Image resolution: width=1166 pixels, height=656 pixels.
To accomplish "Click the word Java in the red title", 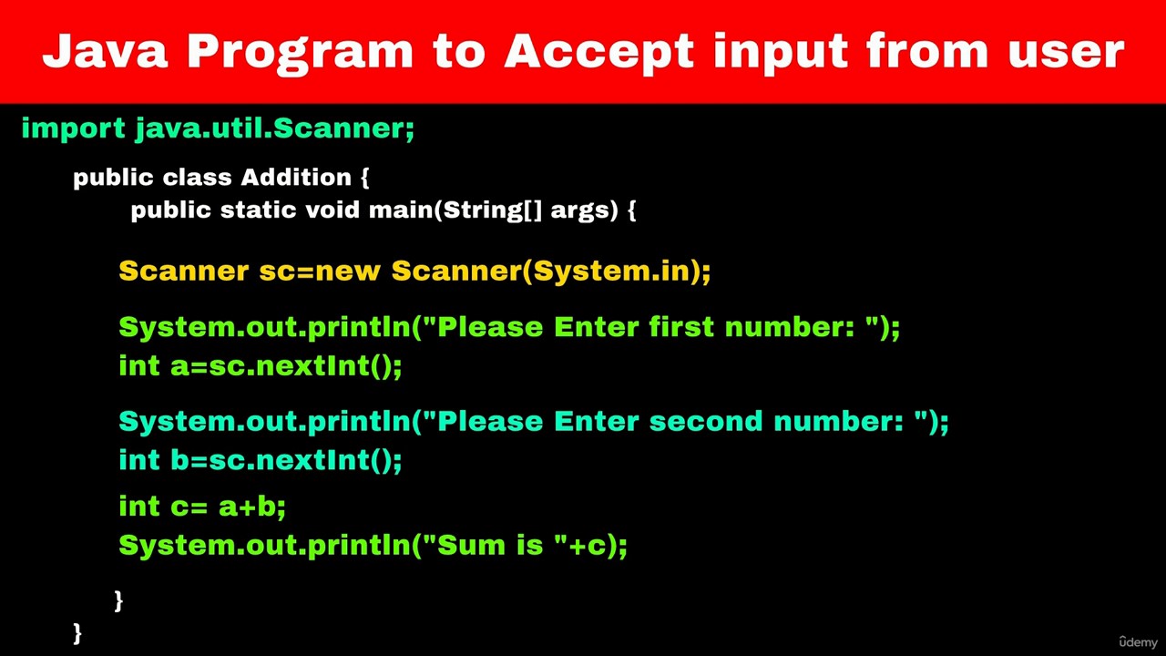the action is pos(105,50).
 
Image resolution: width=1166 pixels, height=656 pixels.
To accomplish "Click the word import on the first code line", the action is pos(74,128).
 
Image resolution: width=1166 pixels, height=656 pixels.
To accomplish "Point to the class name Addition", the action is pos(296,177).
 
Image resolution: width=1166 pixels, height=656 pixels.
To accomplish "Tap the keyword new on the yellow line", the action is pos(348,272).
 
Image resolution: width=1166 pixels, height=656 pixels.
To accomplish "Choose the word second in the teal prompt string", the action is pos(706,421).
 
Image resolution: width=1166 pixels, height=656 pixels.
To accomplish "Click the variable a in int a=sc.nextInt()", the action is pos(180,366).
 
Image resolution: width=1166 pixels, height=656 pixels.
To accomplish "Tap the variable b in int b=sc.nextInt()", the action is pos(180,459).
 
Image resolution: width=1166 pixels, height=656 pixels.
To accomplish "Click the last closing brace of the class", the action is pos(77,633).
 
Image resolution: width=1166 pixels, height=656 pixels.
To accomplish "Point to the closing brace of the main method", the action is pos(118,600).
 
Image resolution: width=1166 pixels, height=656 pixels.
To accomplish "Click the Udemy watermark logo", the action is pos(1138,642).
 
